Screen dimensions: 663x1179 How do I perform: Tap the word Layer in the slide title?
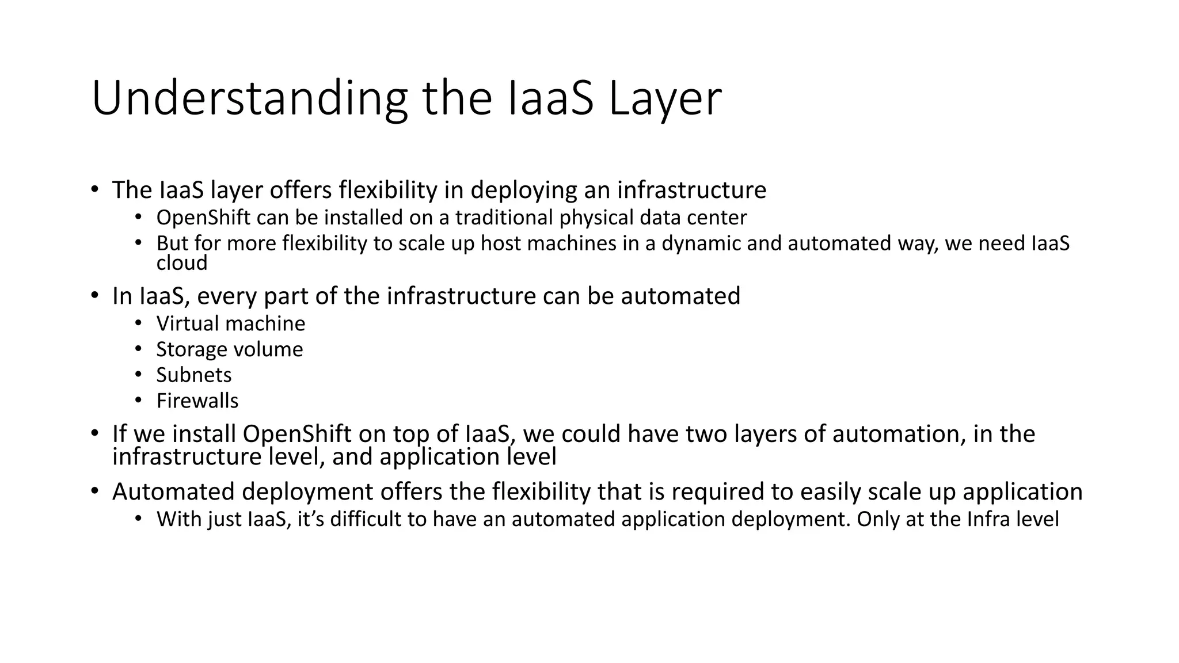click(x=664, y=98)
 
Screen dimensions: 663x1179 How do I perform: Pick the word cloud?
click(x=181, y=263)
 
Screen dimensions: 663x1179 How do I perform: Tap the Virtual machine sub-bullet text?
click(x=230, y=323)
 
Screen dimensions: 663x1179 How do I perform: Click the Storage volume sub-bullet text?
click(x=229, y=349)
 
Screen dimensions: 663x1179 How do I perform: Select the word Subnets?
click(x=193, y=375)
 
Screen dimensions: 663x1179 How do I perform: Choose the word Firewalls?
click(x=197, y=401)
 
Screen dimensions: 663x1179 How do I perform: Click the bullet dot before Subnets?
click(x=138, y=375)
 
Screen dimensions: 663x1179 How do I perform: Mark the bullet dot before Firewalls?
click(x=138, y=400)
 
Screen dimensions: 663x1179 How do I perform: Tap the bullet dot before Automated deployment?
click(x=95, y=491)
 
